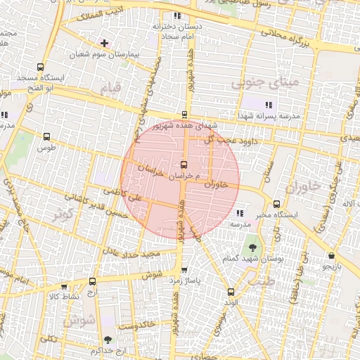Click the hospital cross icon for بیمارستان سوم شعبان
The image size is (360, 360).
(x=104, y=44)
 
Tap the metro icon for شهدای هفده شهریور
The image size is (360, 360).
(x=184, y=115)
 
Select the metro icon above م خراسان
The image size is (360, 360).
(x=184, y=164)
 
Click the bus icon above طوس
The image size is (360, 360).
(x=47, y=137)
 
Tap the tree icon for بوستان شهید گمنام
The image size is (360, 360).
(x=252, y=247)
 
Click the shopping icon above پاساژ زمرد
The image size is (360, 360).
(x=184, y=269)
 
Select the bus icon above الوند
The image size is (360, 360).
(x=231, y=292)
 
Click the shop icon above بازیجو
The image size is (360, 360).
(x=331, y=255)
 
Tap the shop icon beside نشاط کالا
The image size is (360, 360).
(x=64, y=287)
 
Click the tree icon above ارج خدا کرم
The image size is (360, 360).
(x=107, y=339)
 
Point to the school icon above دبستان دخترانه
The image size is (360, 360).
(x=176, y=15)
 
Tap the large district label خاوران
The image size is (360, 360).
(x=303, y=186)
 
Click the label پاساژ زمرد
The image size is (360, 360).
(x=184, y=280)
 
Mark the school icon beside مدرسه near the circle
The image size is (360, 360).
(x=240, y=212)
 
